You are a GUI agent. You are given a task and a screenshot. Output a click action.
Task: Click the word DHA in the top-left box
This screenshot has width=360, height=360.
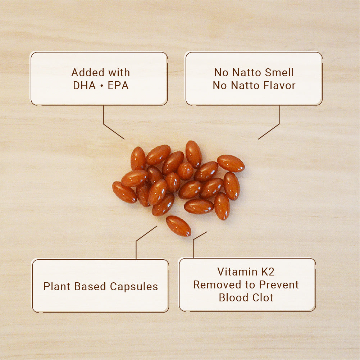tap(84, 86)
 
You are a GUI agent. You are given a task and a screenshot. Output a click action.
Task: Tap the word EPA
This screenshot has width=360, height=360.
tap(118, 86)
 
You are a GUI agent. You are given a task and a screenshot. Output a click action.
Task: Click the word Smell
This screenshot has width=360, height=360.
tap(279, 73)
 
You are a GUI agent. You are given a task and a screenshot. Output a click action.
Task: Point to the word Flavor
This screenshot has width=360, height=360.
tap(279, 86)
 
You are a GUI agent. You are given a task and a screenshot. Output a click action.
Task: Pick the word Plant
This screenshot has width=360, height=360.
tap(57, 287)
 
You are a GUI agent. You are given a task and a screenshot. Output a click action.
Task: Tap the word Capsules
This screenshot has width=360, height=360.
tap(134, 287)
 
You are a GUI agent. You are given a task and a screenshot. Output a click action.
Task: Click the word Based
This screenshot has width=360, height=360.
tap(90, 287)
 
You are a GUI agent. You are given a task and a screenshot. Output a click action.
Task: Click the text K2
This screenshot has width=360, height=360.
tap(268, 272)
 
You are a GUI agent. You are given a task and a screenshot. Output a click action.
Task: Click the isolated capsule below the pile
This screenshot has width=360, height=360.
tap(178, 226)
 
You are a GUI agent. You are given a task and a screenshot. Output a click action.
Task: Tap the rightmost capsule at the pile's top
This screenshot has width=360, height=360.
tap(231, 164)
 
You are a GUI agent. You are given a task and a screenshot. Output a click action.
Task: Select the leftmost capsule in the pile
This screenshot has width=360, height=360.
tap(124, 192)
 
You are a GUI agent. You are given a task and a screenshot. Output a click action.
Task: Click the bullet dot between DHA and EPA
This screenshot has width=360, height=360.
tap(102, 86)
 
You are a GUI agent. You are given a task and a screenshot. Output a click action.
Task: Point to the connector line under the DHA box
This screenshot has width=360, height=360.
tap(104, 124)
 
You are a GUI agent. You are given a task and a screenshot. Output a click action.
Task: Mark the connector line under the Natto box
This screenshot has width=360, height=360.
tap(279, 124)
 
